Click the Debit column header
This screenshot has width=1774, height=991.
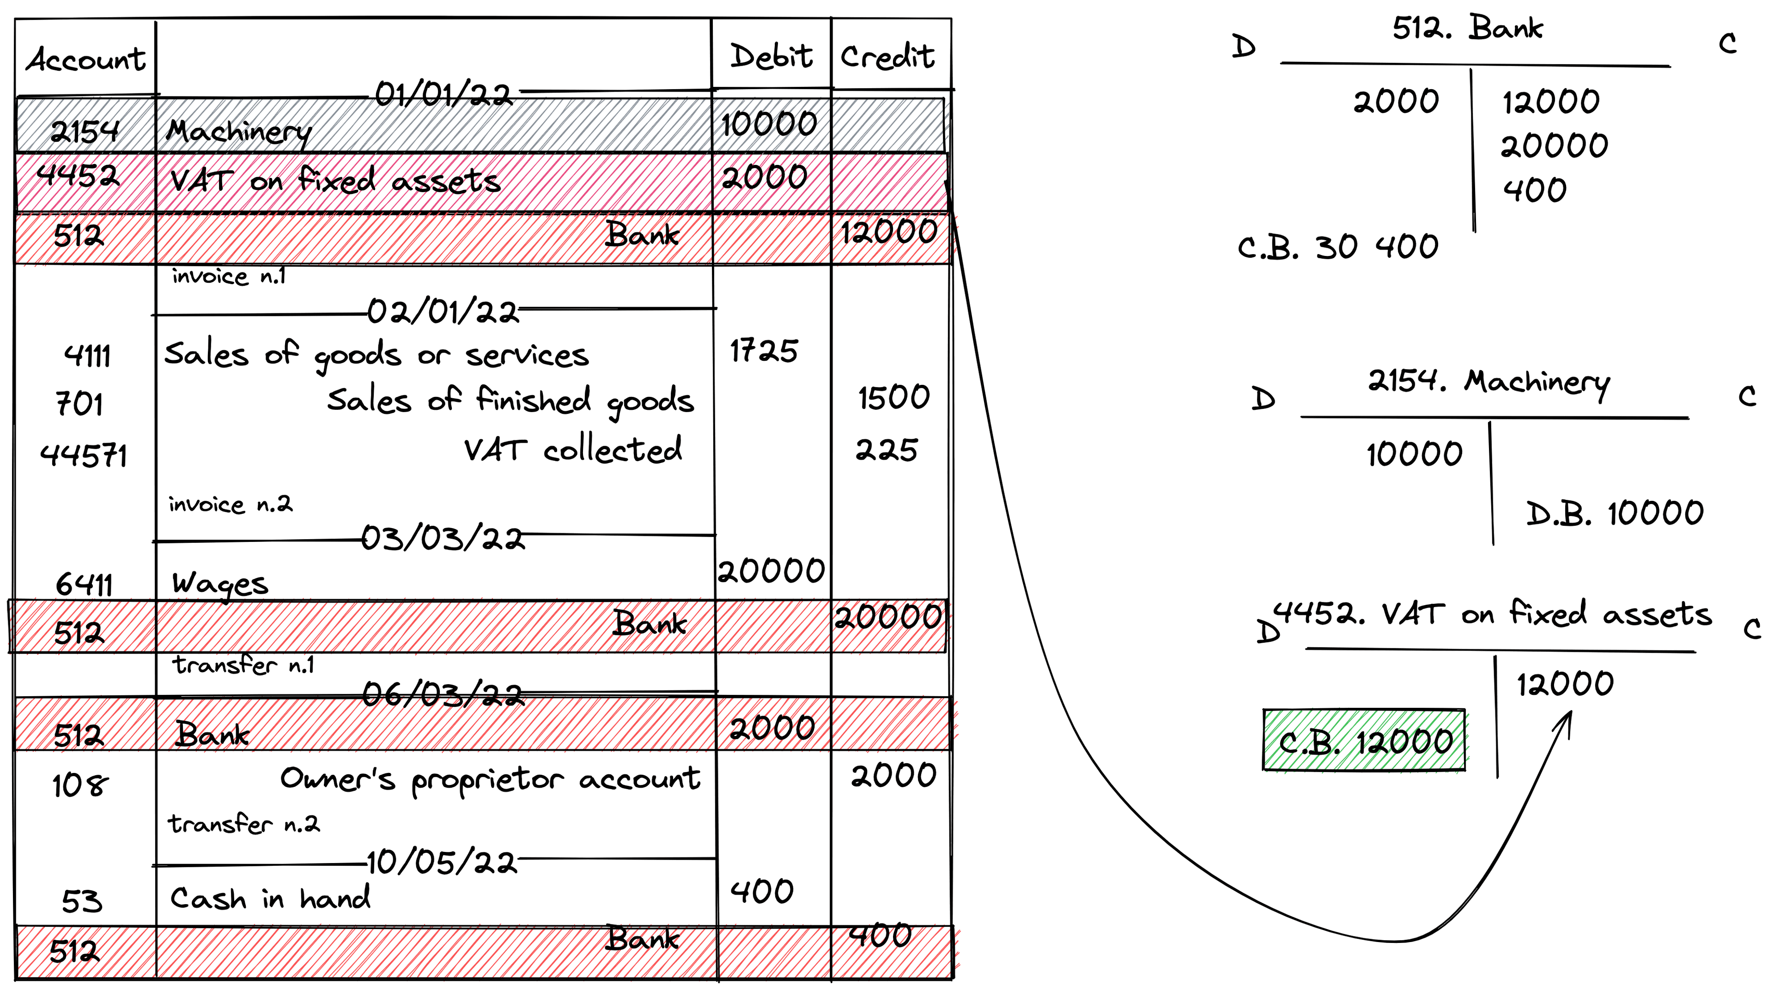771,56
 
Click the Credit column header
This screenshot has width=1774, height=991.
887,56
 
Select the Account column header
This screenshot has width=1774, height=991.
85,59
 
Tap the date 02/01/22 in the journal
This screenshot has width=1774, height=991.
443,312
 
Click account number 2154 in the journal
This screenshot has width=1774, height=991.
84,131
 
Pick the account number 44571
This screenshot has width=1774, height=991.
83,455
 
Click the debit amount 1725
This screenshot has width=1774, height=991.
764,351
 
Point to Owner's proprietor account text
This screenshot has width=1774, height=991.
490,779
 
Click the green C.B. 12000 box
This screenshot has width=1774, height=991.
1364,740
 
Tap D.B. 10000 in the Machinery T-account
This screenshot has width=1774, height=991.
1614,514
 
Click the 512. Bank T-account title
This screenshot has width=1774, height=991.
1467,29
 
